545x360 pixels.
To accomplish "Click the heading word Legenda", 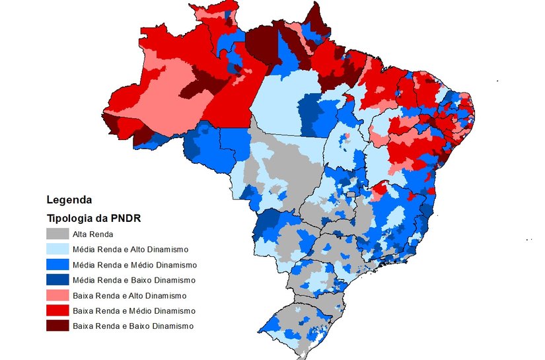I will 69,199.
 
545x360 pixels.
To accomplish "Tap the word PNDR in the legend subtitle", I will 128,218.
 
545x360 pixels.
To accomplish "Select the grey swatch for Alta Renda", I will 57,234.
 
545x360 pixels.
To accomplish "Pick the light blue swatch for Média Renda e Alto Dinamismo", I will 57,249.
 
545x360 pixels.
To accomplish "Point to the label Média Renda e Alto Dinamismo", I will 130,249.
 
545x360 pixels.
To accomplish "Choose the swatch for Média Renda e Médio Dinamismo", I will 57,264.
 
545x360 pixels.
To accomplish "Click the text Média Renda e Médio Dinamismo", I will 134,264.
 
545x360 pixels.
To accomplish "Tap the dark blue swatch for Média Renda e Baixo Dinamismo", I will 57,280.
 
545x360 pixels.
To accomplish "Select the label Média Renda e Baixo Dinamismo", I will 133,280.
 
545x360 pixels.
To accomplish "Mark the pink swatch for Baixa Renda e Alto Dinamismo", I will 57,295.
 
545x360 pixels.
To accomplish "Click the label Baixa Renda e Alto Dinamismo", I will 129,295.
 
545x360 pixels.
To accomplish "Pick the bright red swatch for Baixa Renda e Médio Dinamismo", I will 57,310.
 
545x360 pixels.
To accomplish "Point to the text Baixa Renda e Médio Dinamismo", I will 133,310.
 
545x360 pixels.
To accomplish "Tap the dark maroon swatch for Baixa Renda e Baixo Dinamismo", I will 57,326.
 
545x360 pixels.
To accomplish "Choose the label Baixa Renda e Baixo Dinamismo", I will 132,326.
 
